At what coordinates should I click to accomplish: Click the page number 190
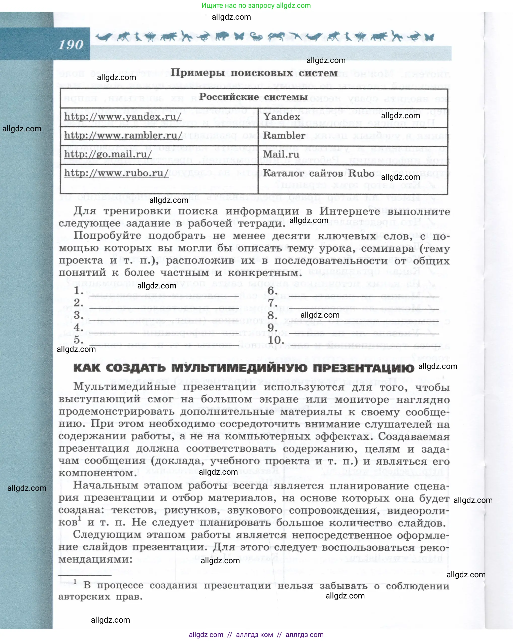[x=71, y=45]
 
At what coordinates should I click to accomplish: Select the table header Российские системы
[x=254, y=97]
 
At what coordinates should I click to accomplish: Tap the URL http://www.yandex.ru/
[x=123, y=117]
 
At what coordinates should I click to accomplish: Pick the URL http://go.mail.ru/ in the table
[x=108, y=154]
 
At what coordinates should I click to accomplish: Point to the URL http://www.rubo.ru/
[x=116, y=173]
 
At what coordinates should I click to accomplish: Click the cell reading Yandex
[x=282, y=117]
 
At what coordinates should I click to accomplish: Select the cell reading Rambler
[x=284, y=136]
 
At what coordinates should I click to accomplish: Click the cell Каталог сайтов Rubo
[x=318, y=173]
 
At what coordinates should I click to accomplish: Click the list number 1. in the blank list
[x=79, y=290]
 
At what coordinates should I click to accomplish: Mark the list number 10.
[x=276, y=340]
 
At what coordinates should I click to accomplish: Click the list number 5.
[x=79, y=340]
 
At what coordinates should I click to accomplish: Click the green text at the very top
[x=256, y=5]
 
